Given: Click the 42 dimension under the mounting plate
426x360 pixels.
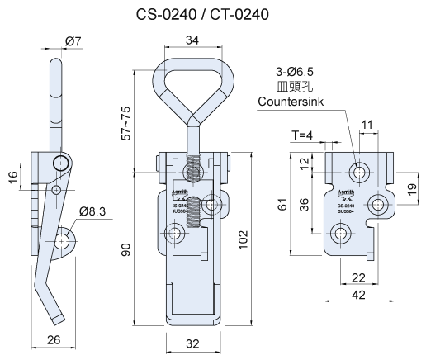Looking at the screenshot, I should pos(359,293).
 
